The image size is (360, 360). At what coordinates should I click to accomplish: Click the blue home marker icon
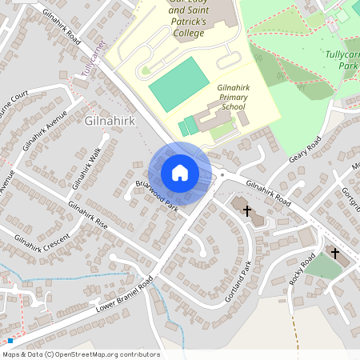click(180, 173)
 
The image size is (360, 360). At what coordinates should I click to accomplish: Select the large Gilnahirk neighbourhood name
click(108, 121)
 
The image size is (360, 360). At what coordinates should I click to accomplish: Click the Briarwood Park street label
click(157, 195)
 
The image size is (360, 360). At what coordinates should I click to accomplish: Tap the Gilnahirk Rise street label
click(88, 214)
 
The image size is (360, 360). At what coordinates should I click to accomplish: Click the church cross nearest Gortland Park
click(246, 211)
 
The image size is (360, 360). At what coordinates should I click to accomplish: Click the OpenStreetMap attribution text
click(81, 354)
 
